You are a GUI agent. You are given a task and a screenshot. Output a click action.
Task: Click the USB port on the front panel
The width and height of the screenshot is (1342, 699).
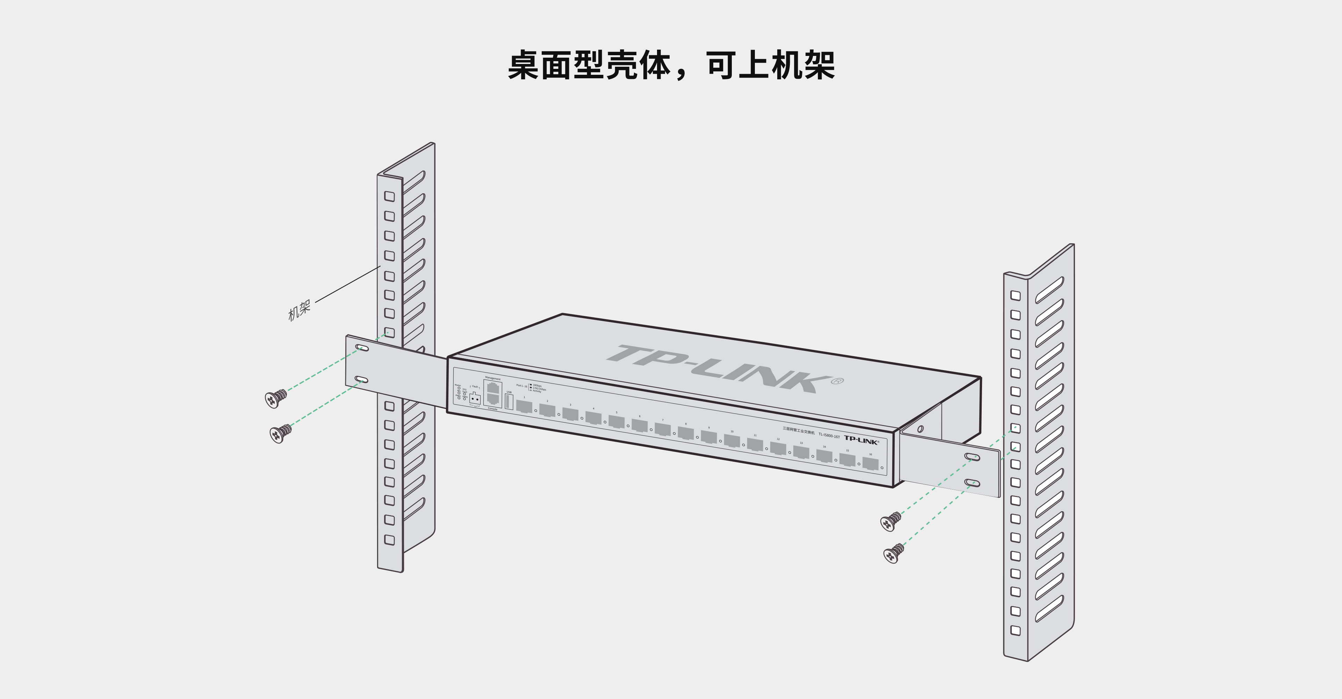tap(509, 402)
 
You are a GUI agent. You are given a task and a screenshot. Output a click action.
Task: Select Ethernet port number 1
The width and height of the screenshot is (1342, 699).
tap(524, 406)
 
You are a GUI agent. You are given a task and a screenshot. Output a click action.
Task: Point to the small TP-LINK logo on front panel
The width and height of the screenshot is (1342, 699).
tap(861, 441)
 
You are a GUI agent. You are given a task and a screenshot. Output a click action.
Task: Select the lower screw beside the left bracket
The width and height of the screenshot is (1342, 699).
tap(280, 433)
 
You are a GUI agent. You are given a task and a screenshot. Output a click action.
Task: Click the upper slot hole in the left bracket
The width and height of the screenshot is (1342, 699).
tap(362, 347)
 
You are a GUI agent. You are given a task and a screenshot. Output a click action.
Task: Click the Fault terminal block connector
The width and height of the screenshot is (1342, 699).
tap(475, 399)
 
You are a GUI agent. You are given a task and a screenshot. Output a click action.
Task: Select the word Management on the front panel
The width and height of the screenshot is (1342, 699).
tap(492, 378)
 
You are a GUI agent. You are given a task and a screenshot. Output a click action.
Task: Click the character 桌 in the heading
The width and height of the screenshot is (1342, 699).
tap(523, 66)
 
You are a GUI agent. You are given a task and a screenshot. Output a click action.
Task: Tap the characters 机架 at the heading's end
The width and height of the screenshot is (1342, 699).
tap(802, 66)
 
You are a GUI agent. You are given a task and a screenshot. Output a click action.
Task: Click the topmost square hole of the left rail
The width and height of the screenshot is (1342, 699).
tap(389, 196)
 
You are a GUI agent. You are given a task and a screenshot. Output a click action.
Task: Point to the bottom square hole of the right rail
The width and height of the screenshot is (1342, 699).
tap(1015, 630)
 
